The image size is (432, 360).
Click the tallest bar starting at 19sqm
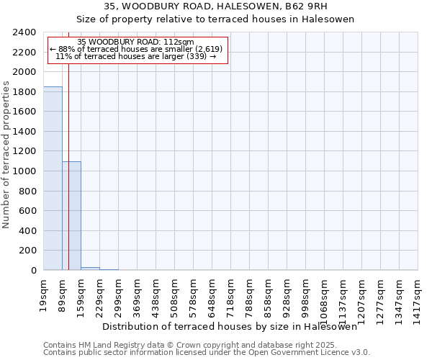pyautogui.click(x=53, y=179)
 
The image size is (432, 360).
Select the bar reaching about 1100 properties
pyautogui.click(x=71, y=216)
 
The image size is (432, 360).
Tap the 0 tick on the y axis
pyautogui.click(x=33, y=271)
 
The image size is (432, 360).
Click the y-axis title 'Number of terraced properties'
pyautogui.click(x=6, y=155)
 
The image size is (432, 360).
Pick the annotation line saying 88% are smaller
pyautogui.click(x=137, y=49)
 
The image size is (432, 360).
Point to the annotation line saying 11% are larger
pyautogui.click(x=136, y=56)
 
